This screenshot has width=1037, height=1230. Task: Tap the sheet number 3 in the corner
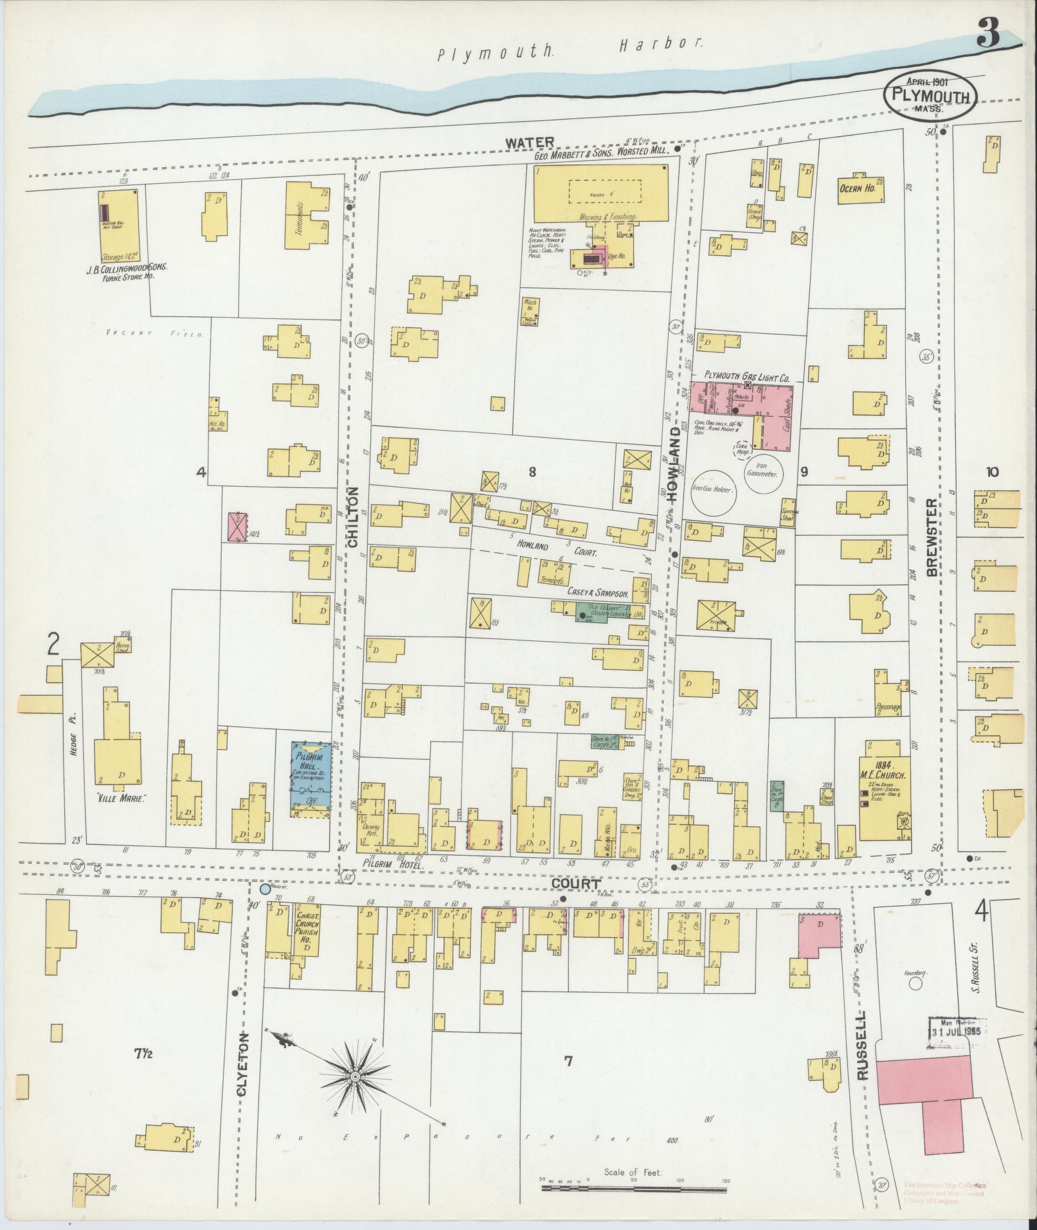988,33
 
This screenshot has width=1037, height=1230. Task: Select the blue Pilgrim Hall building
311,779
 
